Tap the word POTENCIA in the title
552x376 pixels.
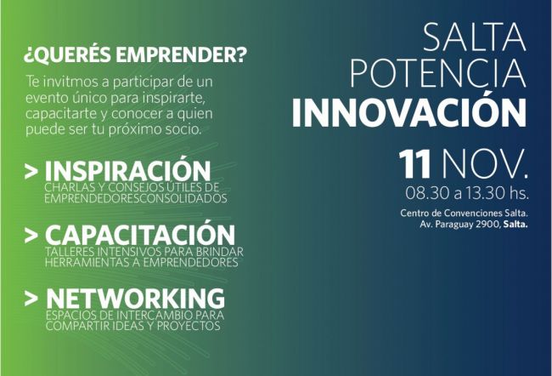point(434,77)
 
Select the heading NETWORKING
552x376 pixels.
point(135,299)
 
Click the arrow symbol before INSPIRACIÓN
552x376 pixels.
point(31,170)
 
